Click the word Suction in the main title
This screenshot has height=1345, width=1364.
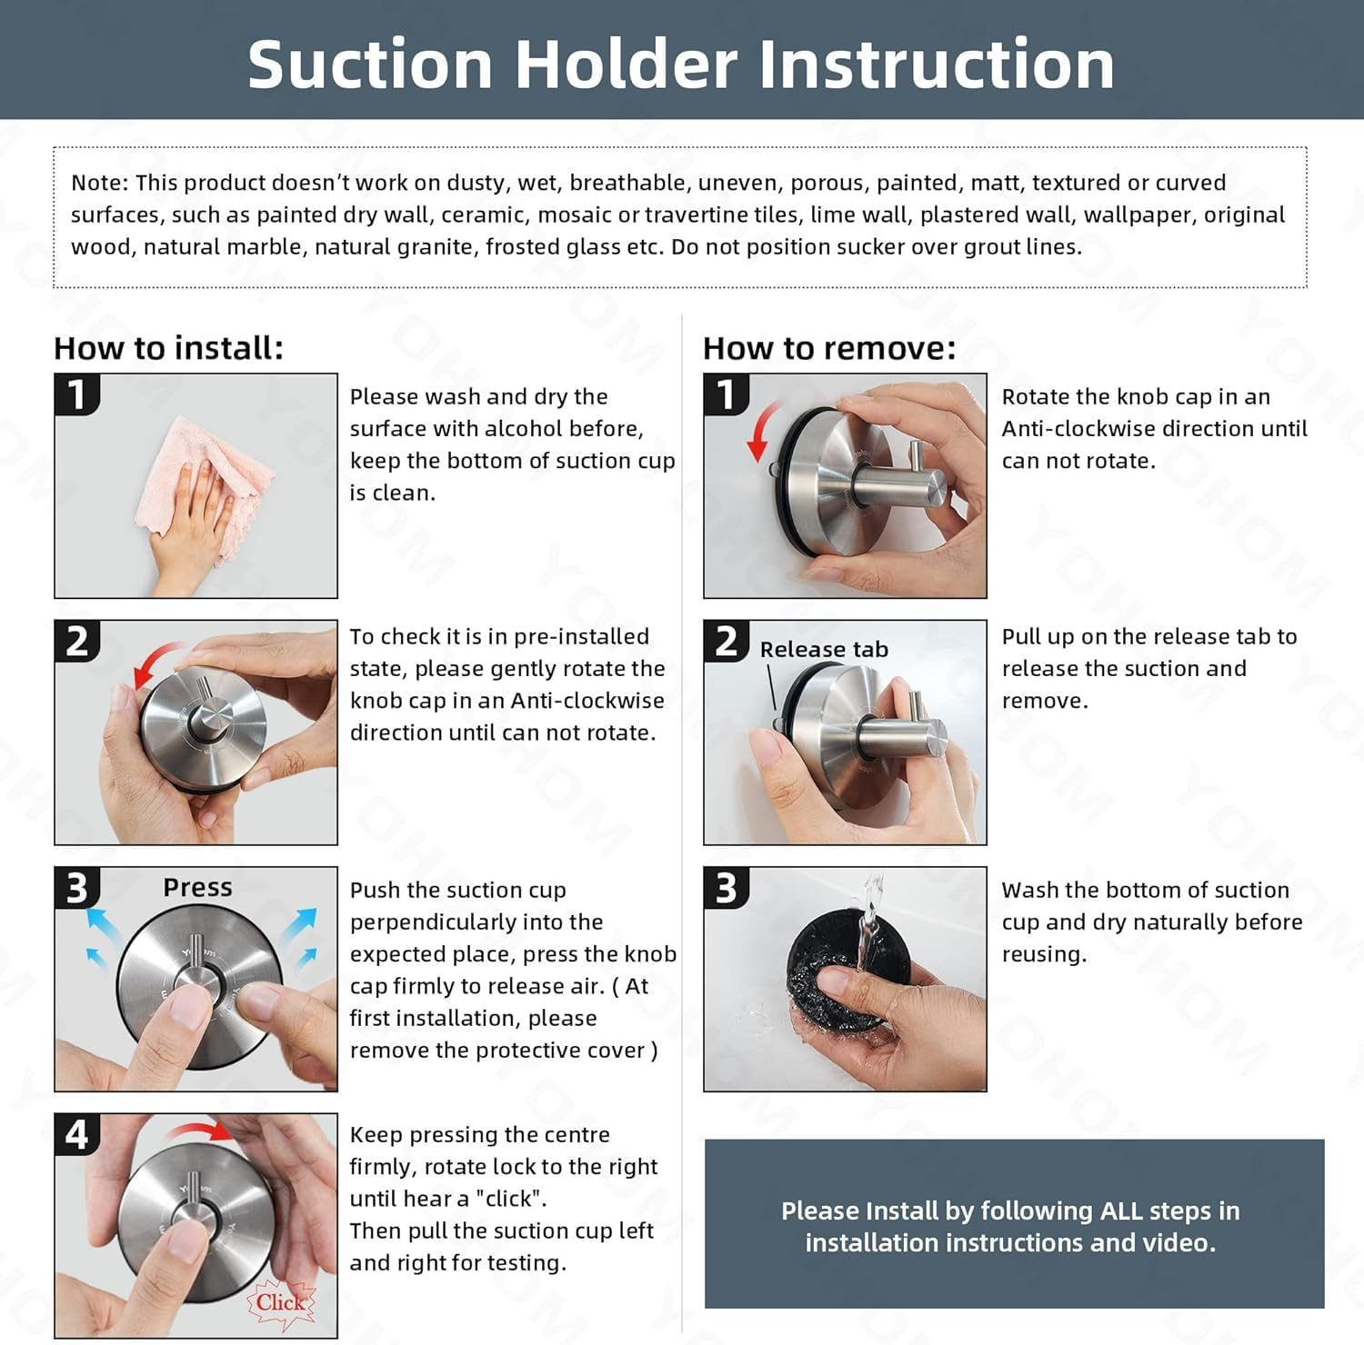click(369, 64)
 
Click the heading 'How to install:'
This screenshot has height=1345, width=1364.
click(168, 348)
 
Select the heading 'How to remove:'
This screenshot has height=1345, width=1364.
click(829, 348)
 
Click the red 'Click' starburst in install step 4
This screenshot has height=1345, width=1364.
click(281, 1303)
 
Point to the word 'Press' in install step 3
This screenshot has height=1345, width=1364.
click(197, 887)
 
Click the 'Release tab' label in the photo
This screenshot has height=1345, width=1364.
click(824, 649)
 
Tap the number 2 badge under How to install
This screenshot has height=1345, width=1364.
click(77, 642)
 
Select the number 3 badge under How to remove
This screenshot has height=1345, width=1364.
click(727, 888)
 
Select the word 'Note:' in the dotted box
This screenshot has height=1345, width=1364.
click(101, 183)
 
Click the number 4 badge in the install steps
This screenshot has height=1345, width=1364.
click(77, 1135)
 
